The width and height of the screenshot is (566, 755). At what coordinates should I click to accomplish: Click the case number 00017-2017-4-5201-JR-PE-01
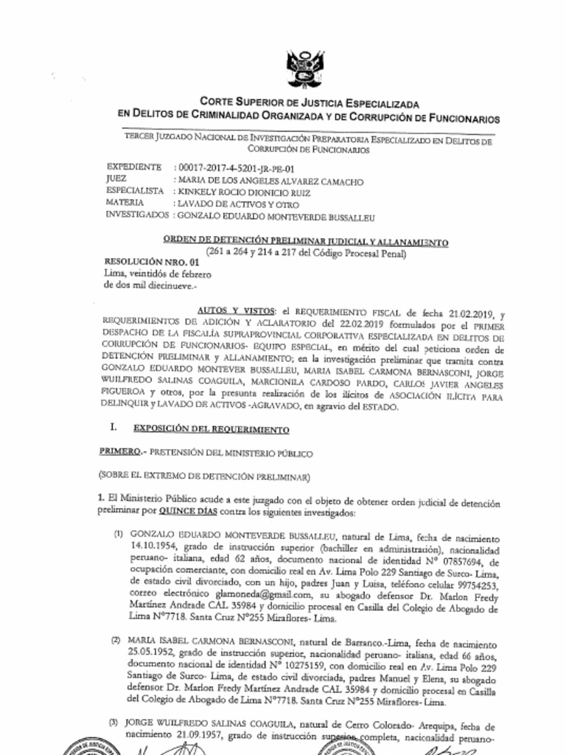click(x=231, y=168)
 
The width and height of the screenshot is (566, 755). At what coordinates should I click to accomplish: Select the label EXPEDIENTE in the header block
click(x=134, y=167)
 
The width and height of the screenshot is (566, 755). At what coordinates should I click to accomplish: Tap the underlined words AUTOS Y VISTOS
click(x=226, y=312)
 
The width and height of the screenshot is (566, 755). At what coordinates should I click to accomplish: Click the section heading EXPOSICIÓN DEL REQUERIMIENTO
click(x=211, y=428)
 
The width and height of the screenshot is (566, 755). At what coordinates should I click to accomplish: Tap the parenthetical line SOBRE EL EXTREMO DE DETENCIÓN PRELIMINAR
click(x=205, y=476)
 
